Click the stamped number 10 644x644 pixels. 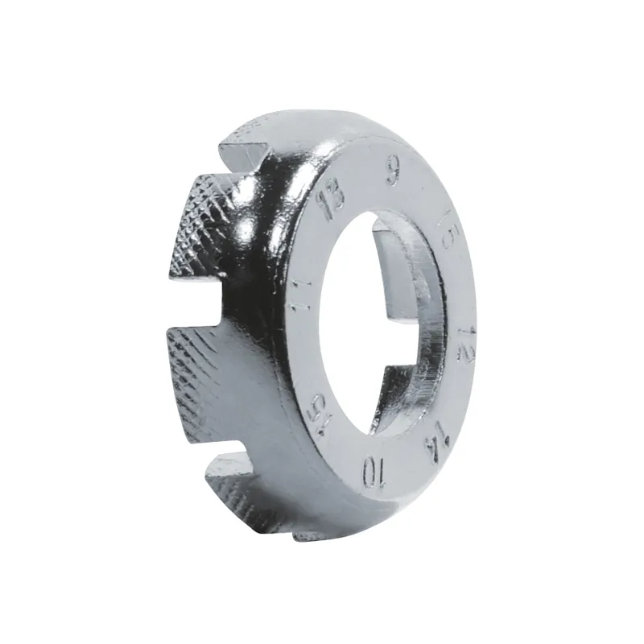click(373, 473)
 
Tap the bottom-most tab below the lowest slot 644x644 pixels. click(242, 491)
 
